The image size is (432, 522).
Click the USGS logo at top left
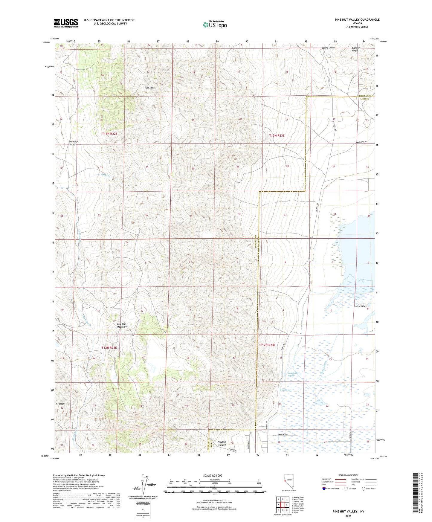point(66,23)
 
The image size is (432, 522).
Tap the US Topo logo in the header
point(215,24)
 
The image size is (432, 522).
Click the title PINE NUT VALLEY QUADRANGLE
point(357,20)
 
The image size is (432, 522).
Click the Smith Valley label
point(360,306)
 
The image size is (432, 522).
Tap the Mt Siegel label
point(60,404)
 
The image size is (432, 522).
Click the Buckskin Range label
point(354,49)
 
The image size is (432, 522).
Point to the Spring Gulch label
point(328,48)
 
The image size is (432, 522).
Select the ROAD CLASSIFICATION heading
point(348,475)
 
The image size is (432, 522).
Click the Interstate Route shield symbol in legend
point(324,489)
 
